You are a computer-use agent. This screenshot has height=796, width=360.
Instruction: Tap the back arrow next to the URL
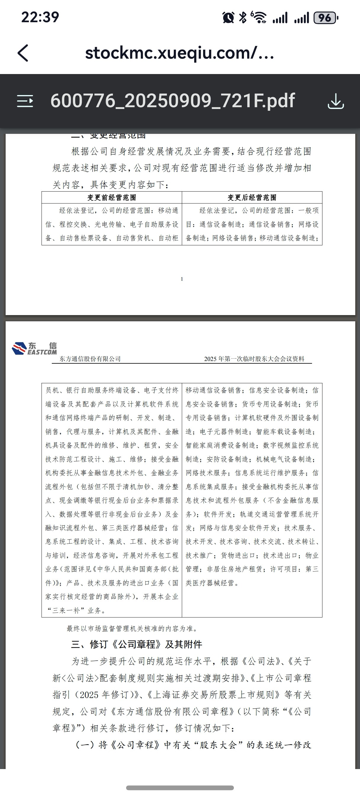[23, 53]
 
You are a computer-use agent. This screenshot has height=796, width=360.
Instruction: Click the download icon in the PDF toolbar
[336, 101]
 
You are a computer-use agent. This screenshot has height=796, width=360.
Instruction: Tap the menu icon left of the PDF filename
[25, 101]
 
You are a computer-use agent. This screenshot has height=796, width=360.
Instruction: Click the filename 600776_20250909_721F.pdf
[172, 101]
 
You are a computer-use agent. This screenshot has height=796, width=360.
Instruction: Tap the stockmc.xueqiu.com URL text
[179, 53]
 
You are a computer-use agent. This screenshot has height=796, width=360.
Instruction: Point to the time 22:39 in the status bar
[40, 17]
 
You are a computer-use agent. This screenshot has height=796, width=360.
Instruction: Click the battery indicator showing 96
[325, 18]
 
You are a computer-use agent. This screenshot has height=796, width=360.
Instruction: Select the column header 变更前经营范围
[112, 198]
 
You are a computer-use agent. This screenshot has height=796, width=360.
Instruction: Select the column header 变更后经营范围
[252, 198]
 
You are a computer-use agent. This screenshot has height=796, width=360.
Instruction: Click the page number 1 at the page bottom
[182, 279]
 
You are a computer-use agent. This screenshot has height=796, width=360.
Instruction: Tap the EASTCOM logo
[34, 348]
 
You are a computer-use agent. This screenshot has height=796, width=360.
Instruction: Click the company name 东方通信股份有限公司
[90, 359]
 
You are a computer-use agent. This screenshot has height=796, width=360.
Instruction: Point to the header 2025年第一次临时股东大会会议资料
[254, 359]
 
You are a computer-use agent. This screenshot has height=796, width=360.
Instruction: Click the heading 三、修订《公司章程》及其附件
[136, 644]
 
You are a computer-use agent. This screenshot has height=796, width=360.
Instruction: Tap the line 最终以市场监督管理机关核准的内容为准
[132, 628]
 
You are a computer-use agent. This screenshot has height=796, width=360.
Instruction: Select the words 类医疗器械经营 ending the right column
[210, 583]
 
